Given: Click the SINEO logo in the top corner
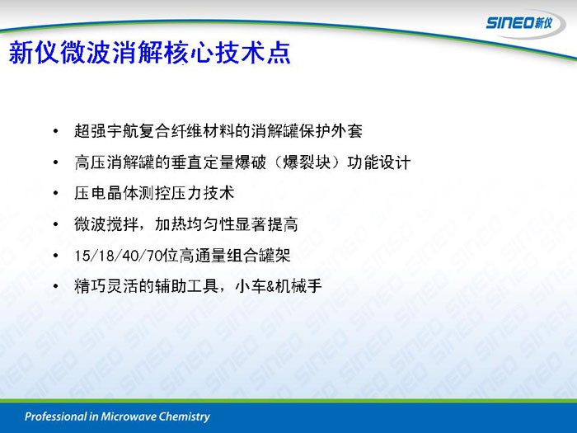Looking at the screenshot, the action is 519,23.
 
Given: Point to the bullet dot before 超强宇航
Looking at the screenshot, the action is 55,131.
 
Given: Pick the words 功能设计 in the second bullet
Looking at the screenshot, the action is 378,162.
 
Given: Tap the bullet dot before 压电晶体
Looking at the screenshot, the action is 55,193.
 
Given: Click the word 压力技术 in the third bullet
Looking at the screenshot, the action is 203,193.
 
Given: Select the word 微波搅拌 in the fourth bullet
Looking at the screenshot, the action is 106,224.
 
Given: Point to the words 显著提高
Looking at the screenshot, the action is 266,224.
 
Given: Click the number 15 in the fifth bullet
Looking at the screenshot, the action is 82,256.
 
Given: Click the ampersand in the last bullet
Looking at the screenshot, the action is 271,286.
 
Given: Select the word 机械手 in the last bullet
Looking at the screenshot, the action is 298,286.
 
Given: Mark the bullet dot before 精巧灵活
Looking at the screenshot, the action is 55,286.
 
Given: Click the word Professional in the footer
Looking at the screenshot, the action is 55,417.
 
